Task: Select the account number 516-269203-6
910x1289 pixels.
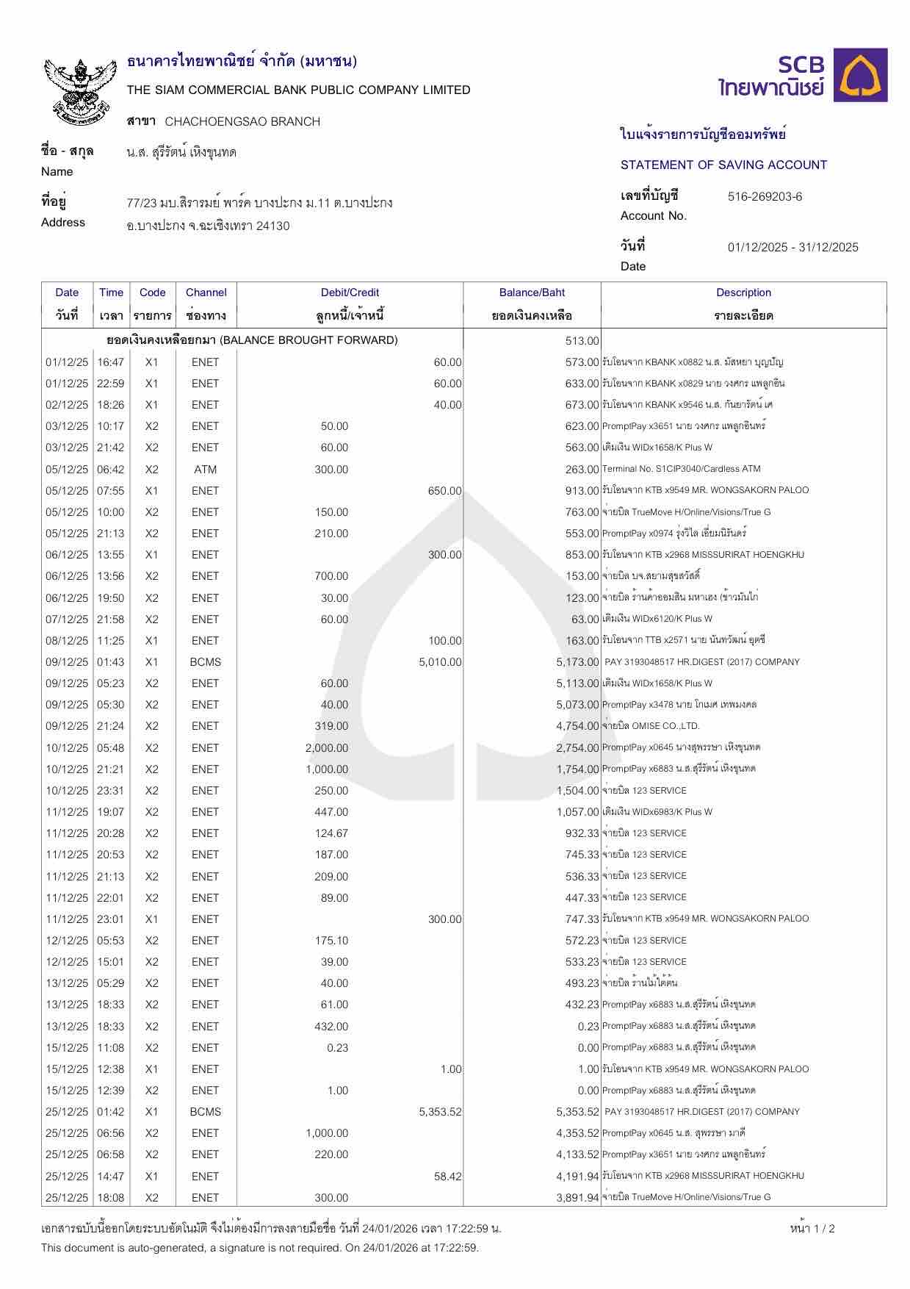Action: [x=765, y=196]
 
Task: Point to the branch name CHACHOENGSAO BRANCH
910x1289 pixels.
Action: [x=242, y=121]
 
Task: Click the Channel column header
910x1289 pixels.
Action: [x=206, y=292]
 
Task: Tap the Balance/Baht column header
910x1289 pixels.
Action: [x=532, y=292]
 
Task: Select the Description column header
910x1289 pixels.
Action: [x=743, y=292]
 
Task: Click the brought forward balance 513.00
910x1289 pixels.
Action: [x=582, y=340]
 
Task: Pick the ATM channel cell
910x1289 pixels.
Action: [x=205, y=469]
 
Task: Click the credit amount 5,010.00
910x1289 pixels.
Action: [x=440, y=661]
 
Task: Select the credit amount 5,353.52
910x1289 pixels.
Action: [x=440, y=1111]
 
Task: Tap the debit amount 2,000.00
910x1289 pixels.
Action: [x=327, y=747]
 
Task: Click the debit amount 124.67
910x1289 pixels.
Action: [x=331, y=833]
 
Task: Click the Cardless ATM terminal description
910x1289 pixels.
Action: [x=681, y=469]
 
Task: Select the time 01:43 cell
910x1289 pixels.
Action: [x=111, y=661]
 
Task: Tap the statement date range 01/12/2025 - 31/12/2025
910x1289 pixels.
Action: [x=792, y=247]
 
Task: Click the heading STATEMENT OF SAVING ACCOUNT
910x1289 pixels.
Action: [x=723, y=165]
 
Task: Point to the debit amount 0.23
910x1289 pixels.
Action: [x=337, y=1047]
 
